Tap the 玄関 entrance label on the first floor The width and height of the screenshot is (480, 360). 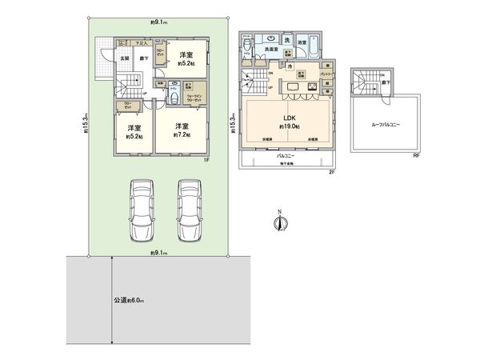point(125,58)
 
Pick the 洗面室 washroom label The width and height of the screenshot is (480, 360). point(271,50)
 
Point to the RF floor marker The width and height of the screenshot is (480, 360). point(416,156)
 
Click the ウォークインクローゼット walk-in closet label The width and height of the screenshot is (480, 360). point(194,99)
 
